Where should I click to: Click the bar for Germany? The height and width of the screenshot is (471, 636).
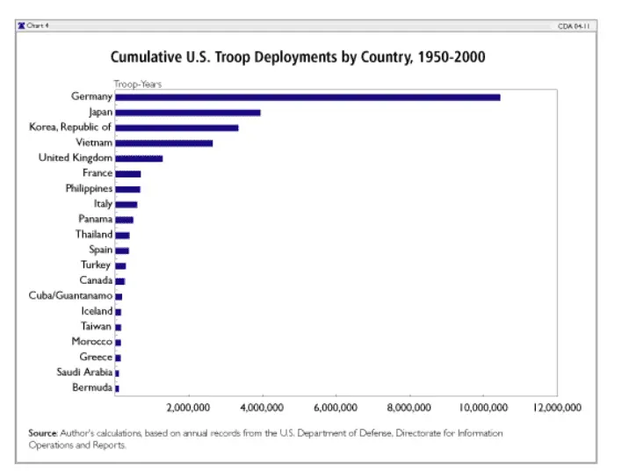click(x=307, y=97)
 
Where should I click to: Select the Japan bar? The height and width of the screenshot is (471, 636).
click(x=188, y=112)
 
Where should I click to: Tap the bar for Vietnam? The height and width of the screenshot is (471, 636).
click(x=164, y=142)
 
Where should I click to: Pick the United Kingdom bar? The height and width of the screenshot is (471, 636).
click(x=139, y=158)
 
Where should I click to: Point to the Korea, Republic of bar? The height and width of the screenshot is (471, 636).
click(x=177, y=127)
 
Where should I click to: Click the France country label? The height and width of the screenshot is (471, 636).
click(x=97, y=173)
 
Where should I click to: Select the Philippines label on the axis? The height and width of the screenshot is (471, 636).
click(x=89, y=189)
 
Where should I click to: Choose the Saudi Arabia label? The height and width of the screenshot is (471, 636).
click(x=82, y=373)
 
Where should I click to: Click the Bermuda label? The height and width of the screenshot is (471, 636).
click(x=91, y=388)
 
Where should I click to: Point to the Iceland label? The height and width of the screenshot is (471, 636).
click(x=96, y=311)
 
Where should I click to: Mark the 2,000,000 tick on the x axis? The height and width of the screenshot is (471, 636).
click(x=189, y=408)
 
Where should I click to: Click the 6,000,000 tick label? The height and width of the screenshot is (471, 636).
click(x=336, y=408)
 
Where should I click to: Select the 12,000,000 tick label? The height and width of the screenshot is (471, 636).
click(x=557, y=408)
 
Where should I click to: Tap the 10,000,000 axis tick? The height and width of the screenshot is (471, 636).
click(x=484, y=408)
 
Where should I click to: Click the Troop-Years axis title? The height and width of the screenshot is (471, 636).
click(x=137, y=83)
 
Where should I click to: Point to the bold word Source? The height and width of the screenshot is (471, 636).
click(x=42, y=433)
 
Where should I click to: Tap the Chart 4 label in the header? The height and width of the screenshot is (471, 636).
click(x=37, y=26)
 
